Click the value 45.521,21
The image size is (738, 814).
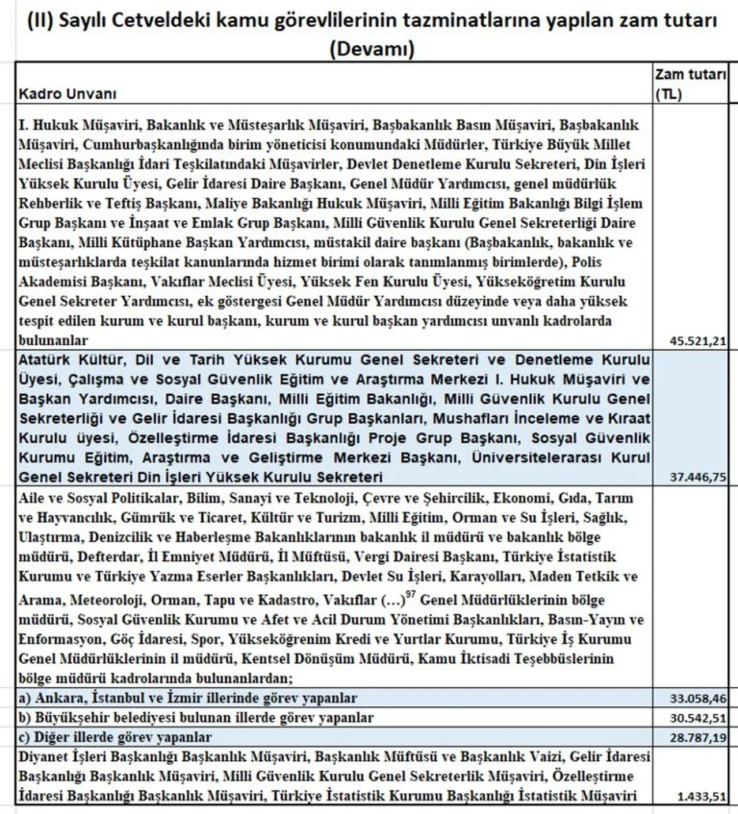[x=698, y=341]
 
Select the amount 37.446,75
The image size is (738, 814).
[x=698, y=477]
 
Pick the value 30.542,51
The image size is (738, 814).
[x=698, y=718]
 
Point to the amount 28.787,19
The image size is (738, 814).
[x=698, y=738]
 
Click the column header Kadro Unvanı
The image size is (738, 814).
[x=67, y=94]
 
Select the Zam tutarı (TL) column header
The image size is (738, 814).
[x=690, y=84]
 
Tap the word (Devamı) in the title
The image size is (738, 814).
[x=372, y=48]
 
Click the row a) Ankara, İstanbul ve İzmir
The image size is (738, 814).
[x=187, y=699]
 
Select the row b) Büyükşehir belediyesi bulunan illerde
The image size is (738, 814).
[x=195, y=718]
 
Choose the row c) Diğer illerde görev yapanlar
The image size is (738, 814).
[x=115, y=738]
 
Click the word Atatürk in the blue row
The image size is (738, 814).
[x=43, y=360]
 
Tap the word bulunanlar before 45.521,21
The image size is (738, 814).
[x=53, y=340]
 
